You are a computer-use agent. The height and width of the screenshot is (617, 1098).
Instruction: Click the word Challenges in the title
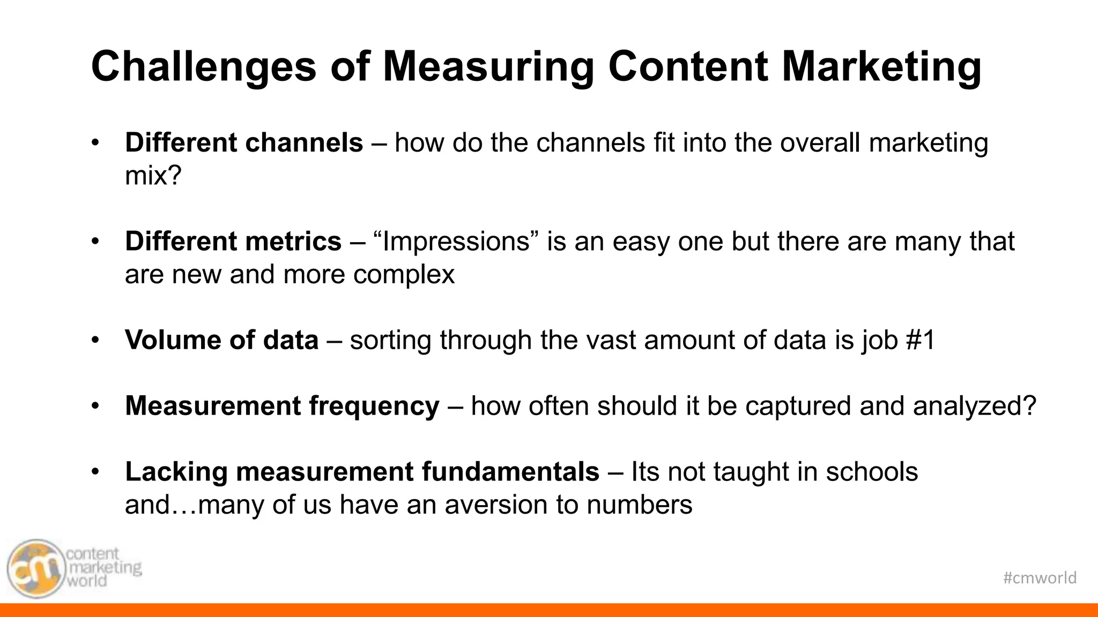click(204, 67)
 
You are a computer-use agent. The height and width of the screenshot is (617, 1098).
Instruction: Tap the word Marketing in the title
click(882, 67)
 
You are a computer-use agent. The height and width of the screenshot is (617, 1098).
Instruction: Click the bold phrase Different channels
click(244, 143)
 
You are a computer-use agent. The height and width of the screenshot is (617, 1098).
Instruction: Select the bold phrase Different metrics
click(233, 242)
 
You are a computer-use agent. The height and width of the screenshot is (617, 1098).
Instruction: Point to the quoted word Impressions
click(456, 242)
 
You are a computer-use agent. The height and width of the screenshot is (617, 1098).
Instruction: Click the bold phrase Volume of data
click(222, 340)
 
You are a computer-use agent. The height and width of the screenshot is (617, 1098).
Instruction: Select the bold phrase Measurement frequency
click(282, 406)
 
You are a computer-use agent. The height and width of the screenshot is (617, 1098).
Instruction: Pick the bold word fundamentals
click(510, 472)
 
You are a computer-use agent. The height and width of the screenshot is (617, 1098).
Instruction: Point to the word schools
click(872, 472)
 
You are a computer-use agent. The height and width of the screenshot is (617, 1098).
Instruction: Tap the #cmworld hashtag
click(1040, 578)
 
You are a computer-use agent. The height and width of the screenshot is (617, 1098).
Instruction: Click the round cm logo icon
click(35, 569)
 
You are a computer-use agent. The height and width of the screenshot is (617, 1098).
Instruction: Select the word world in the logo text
click(87, 581)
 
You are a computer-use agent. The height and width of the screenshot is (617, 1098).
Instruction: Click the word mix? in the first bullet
click(153, 176)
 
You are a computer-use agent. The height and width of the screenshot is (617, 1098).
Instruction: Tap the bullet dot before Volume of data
click(95, 340)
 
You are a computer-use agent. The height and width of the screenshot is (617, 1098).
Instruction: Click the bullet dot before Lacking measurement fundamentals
click(95, 472)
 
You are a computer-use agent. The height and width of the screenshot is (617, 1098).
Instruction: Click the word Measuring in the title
click(488, 67)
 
